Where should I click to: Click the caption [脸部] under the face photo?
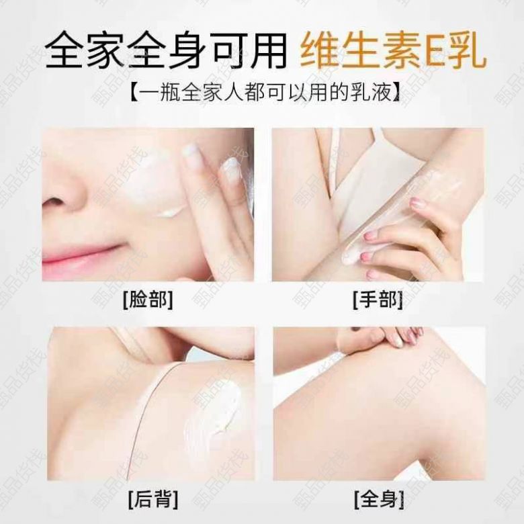(148, 300)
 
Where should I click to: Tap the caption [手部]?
(378, 300)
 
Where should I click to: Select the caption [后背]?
(153, 499)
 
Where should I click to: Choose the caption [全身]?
(379, 499)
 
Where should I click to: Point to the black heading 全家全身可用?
(166, 51)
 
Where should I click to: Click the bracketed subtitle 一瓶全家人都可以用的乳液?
(265, 91)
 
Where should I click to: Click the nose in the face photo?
(65, 191)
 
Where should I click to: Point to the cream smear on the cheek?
(157, 187)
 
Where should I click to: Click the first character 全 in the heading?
(64, 51)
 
